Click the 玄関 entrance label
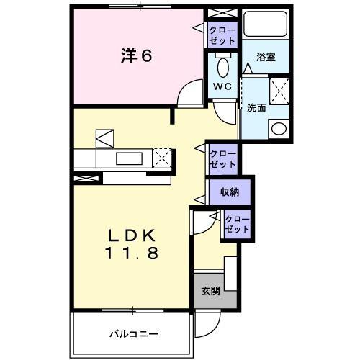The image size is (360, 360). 210,291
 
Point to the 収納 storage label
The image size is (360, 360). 230,192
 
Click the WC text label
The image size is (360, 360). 221,86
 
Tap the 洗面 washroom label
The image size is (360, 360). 257,108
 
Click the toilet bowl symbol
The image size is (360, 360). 222,69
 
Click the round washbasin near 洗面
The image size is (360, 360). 277,130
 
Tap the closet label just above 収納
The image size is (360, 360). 222,158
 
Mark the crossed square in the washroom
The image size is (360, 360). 278,94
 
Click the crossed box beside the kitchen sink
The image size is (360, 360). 163,156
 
